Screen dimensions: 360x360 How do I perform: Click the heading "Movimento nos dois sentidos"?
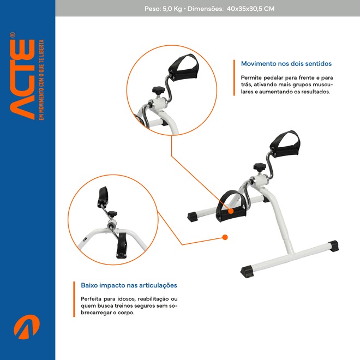tap(286, 64)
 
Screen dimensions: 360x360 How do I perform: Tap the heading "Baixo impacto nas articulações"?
tap(129, 285)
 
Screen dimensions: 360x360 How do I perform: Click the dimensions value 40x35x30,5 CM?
tap(250, 9)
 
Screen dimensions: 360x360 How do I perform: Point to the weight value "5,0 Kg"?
tap(172, 9)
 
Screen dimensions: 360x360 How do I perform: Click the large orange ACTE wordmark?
tap(22, 79)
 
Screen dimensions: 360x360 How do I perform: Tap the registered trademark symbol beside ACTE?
tap(13, 35)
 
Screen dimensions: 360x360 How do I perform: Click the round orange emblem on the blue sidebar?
tap(27, 327)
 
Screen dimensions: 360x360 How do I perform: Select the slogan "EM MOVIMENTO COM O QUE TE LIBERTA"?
tap(41, 80)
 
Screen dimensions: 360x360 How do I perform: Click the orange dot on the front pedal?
tap(231, 211)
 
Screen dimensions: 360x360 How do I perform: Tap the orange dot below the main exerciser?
tap(225, 237)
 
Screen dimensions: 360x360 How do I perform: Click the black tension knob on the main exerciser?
tap(260, 167)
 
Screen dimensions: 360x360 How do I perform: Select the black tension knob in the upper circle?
tap(159, 90)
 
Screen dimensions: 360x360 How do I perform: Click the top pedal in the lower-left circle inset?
tap(103, 197)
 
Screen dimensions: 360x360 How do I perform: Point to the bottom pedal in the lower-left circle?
tap(122, 245)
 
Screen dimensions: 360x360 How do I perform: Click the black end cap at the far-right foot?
tap(333, 246)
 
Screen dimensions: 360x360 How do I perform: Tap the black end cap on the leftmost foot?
tap(193, 217)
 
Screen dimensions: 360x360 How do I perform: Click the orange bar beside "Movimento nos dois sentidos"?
tap(234, 77)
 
